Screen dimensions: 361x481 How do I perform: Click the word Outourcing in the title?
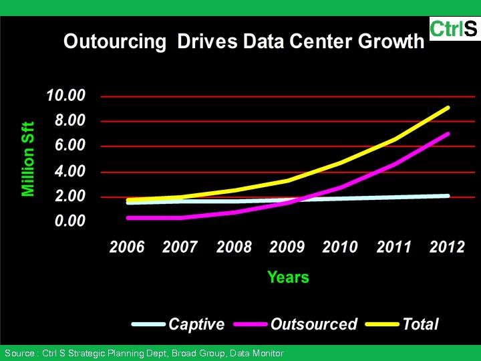point(114,42)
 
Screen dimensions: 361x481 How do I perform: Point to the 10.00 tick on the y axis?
point(65,96)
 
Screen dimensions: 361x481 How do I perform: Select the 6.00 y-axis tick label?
point(65,146)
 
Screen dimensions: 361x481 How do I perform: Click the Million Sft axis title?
point(28,159)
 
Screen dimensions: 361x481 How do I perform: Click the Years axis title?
point(288,277)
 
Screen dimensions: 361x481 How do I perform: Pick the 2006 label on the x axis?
point(127,247)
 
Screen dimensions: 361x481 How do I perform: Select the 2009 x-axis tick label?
point(287,247)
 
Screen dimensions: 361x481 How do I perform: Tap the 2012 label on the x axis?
point(447,247)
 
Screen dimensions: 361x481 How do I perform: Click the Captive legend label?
point(196,324)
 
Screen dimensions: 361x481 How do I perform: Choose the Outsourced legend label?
point(314,324)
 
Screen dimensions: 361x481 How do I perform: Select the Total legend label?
point(420,324)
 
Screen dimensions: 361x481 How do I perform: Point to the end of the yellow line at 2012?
point(447,108)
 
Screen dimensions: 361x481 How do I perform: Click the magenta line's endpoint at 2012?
point(447,134)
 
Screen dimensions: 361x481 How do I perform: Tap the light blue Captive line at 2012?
point(447,196)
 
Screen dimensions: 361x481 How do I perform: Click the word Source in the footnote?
point(19,353)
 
